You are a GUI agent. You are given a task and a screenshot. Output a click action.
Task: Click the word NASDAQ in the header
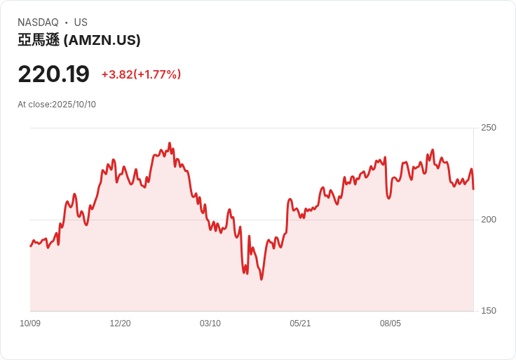coord(38,22)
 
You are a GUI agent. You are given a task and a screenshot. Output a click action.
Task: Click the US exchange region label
coord(81,22)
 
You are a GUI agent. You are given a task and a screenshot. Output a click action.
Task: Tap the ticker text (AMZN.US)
coord(102,41)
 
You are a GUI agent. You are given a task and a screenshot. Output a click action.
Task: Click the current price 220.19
coord(53,74)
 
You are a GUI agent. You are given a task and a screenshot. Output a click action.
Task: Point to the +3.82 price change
coord(116,74)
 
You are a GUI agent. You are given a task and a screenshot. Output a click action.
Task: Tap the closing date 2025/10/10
coord(74,105)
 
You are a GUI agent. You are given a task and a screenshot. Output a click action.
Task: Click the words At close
coord(34,105)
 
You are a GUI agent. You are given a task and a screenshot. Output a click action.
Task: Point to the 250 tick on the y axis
coord(488,128)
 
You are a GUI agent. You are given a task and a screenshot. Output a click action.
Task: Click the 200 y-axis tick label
coord(488,220)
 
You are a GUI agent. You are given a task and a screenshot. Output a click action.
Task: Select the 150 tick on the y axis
coord(488,311)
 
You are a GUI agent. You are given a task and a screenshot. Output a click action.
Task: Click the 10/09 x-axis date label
coord(30,324)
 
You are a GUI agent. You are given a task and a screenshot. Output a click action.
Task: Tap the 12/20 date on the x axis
coord(120,324)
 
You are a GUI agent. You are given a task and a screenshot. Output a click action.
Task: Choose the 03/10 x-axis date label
coord(210,324)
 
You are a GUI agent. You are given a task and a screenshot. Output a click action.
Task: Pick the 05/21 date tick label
coord(300,324)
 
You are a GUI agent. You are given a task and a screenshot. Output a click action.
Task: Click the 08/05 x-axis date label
coord(391,324)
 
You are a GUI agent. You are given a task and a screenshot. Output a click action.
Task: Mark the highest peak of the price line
coord(169,143)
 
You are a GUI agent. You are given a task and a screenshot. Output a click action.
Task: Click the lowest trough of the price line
coord(262,279)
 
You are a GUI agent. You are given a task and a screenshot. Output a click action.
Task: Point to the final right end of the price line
coord(473,189)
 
